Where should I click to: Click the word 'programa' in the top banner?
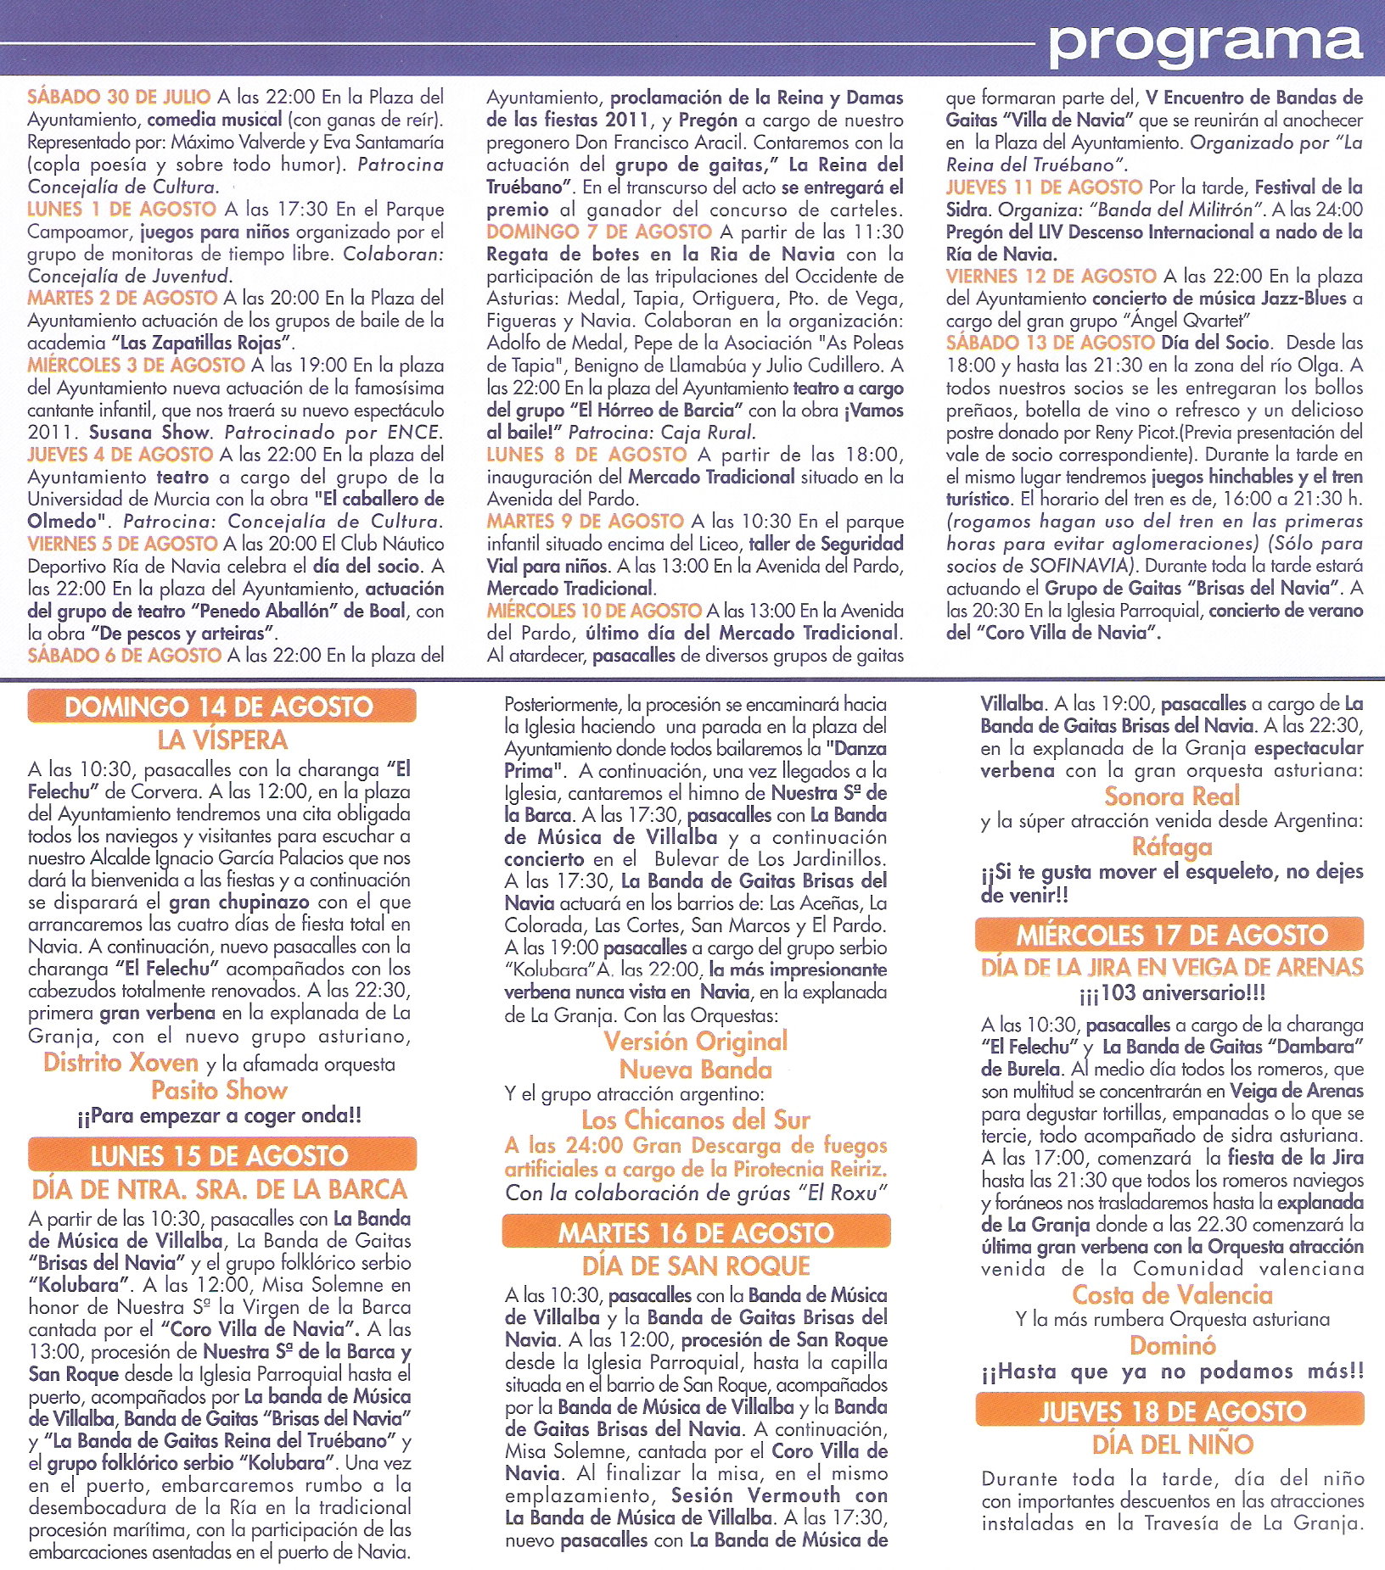(1205, 42)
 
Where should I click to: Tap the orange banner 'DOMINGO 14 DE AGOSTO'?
(221, 707)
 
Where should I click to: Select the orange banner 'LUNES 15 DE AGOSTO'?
(221, 1155)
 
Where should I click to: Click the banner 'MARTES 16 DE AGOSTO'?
(696, 1232)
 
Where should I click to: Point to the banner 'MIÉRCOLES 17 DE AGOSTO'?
(1171, 935)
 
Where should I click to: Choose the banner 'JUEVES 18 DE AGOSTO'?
(1171, 1411)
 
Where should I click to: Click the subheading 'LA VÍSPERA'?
(222, 740)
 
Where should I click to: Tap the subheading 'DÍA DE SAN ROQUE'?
(696, 1265)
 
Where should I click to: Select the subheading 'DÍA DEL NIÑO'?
(1172, 1444)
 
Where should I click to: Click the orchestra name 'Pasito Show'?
(219, 1090)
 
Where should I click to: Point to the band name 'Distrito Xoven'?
(121, 1062)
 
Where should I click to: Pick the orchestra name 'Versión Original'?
(696, 1041)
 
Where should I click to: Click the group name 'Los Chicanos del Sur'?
(696, 1120)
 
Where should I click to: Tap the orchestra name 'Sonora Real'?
(1172, 796)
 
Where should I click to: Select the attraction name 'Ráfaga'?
(1172, 846)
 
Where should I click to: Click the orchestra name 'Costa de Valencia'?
(1172, 1294)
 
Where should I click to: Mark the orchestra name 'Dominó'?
(1172, 1345)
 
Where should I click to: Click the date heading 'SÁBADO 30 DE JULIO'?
(119, 97)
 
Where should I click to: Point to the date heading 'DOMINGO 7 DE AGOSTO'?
(599, 232)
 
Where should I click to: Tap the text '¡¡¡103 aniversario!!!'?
(1172, 992)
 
